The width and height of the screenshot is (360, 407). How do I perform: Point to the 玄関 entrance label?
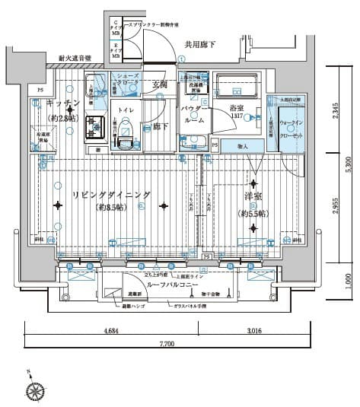159,84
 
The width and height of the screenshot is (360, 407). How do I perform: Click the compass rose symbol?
36,390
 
